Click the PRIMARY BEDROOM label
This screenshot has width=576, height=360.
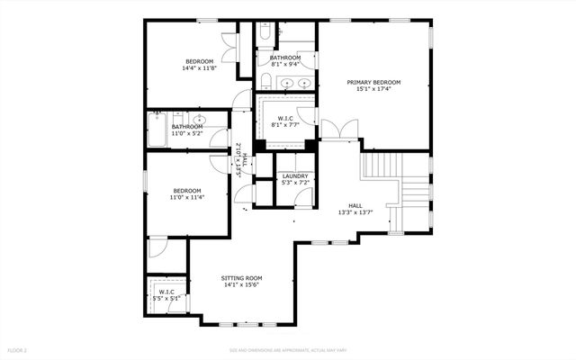click(373, 82)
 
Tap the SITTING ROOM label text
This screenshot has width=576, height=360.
click(240, 278)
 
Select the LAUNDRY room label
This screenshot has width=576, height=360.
click(294, 176)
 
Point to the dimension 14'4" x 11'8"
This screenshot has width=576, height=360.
click(199, 68)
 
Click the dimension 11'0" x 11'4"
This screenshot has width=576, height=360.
click(187, 197)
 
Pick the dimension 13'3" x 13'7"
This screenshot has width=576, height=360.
click(355, 213)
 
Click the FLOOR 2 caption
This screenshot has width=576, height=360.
click(17, 349)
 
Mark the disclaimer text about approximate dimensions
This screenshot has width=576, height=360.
click(287, 349)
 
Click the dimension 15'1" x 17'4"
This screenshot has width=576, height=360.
click(373, 89)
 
